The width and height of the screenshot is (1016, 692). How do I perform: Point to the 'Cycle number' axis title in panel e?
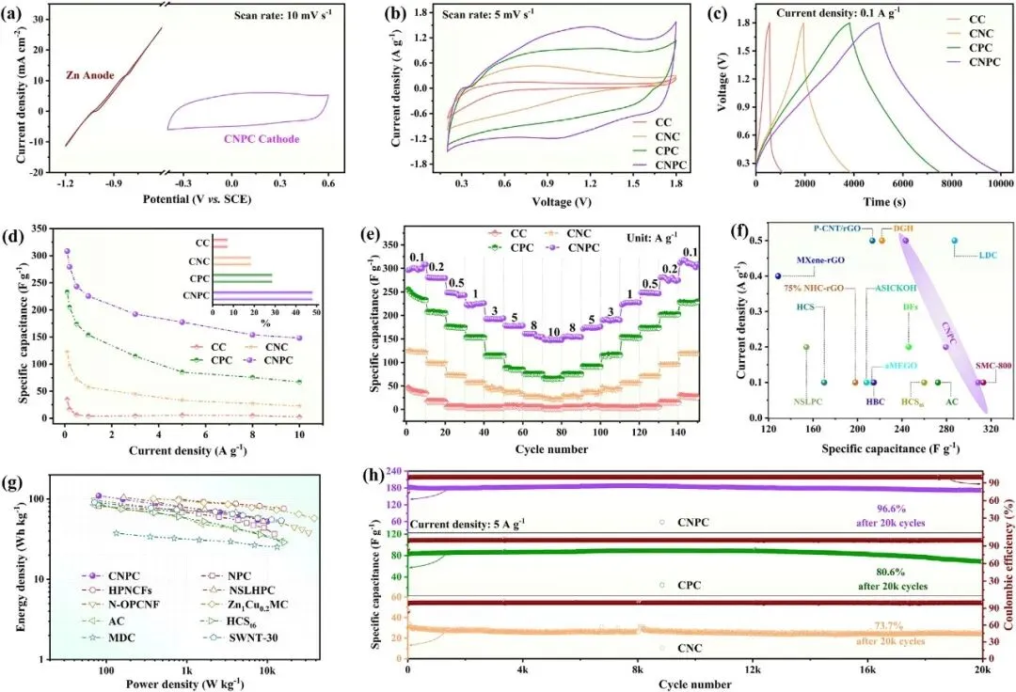552,448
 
